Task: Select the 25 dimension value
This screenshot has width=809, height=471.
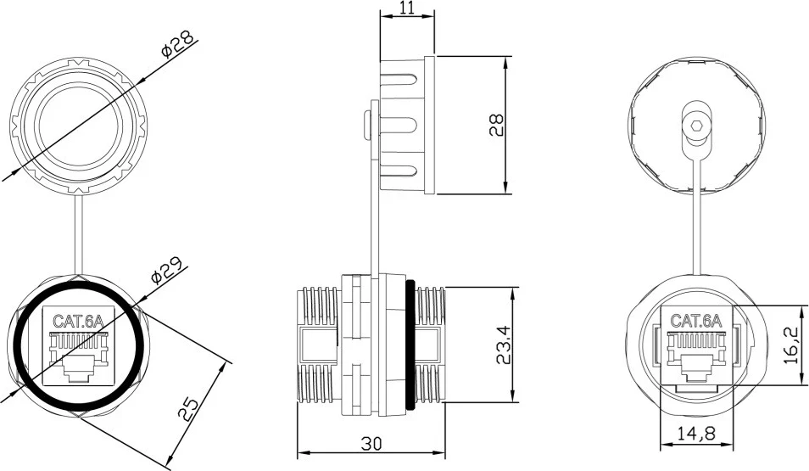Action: point(191,410)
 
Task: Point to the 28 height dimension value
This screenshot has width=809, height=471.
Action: point(497,126)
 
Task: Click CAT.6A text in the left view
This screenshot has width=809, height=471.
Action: point(78,322)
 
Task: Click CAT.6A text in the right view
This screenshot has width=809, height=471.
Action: point(695,321)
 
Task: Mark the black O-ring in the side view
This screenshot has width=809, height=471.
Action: point(410,345)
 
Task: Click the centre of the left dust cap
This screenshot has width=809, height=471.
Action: point(78,121)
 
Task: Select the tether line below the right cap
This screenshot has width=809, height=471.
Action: point(699,221)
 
